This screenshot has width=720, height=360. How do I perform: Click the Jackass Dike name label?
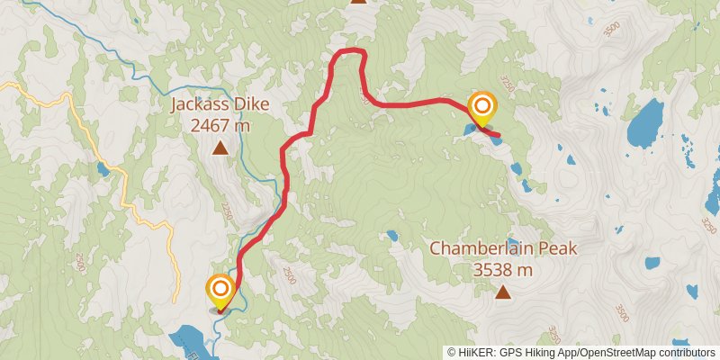220,106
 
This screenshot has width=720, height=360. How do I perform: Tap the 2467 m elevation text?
220,126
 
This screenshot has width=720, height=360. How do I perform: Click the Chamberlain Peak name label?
502,248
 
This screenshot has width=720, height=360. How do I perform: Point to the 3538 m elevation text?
502,268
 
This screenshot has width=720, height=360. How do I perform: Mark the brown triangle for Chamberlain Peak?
503,291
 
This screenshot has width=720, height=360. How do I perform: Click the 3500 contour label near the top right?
613,29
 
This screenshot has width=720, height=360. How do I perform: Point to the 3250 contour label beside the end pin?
509,85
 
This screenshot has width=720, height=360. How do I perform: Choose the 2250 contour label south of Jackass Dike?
227,211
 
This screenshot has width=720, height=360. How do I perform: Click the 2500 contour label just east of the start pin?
289,273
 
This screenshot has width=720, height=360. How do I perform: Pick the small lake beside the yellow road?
103,168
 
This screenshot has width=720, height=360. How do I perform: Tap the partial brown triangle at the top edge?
359,2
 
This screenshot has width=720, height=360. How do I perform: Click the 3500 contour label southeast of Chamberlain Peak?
621,312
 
